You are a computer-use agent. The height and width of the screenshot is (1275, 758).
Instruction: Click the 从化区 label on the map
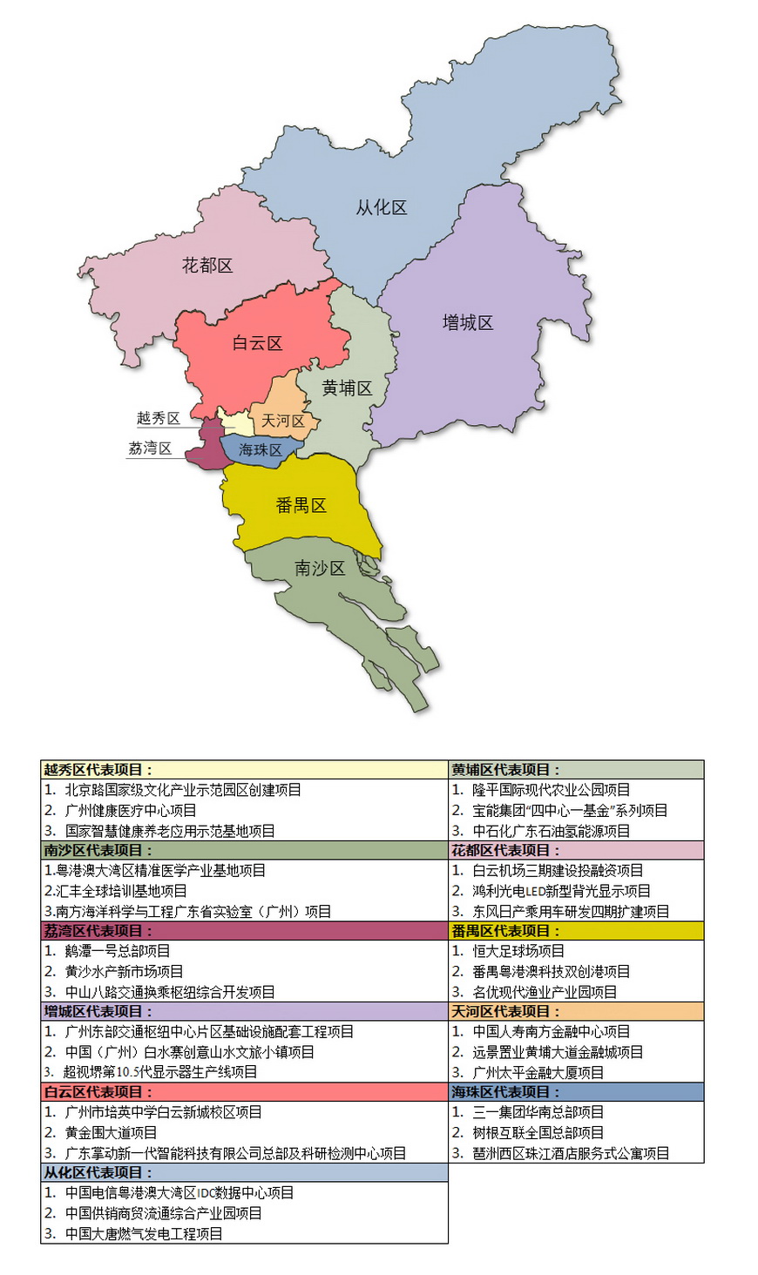pos(381,207)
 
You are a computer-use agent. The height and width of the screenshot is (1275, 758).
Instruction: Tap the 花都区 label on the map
pos(207,265)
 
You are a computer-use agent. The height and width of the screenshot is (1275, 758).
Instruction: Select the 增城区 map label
pos(467,322)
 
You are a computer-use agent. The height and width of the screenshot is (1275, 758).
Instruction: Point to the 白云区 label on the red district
pos(257,343)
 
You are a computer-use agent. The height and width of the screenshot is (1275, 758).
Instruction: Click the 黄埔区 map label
pos(347,388)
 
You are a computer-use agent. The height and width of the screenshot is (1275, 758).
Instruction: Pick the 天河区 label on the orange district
pos(283,421)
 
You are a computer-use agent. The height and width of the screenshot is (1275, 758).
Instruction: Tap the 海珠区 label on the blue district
pos(261,449)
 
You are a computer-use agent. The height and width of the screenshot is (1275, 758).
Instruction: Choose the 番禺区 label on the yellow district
pos(301,505)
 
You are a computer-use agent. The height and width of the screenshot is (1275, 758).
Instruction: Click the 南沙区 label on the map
pos(320,568)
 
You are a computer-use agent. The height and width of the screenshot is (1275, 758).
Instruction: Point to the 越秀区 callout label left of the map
pos(158,418)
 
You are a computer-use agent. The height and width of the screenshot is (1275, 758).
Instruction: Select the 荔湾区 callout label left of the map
pos(150,449)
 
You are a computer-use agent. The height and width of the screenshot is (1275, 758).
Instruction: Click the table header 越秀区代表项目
pos(98,770)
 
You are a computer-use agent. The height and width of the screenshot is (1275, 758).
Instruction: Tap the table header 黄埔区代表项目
pos(505,770)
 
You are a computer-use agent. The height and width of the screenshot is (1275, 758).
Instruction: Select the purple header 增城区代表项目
pos(98,1011)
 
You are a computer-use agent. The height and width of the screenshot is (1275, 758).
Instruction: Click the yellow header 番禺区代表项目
pos(505,931)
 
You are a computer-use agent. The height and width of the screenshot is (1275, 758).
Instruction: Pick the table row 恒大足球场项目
pos(518,951)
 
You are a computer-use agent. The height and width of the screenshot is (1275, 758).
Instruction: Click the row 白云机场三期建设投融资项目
pos(558,870)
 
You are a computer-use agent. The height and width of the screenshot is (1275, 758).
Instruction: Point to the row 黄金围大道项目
pos(111,1132)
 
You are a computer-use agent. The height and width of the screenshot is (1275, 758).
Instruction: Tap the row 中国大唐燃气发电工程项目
pos(143,1233)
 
